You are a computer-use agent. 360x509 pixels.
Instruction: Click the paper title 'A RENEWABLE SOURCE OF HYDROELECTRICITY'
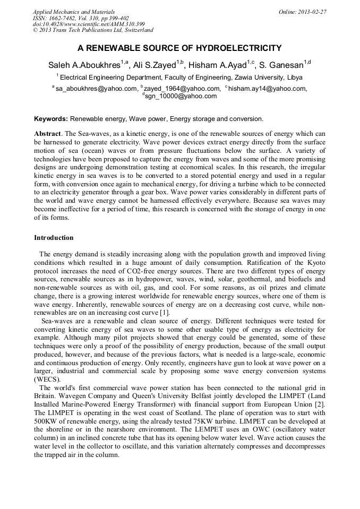click(179, 48)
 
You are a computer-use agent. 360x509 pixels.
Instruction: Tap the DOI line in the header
click(89, 24)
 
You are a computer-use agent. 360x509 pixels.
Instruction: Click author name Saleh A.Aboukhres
click(85, 65)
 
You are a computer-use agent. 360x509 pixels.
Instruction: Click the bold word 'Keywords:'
click(51, 119)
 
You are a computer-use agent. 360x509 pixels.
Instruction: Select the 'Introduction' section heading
click(54, 238)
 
